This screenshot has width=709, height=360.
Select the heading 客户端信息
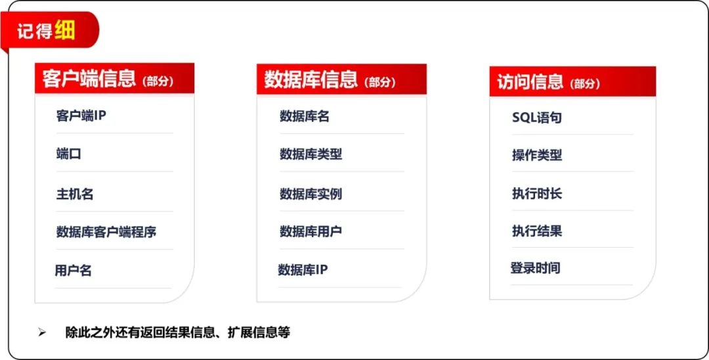coord(89,79)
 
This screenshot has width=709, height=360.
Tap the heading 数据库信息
coord(311,79)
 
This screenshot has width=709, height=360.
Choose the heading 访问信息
coord(530,82)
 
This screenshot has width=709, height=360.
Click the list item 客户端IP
coord(81,116)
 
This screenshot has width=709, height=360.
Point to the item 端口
coord(69,154)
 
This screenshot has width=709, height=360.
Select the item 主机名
coord(75,194)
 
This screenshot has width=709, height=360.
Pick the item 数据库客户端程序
coord(106,232)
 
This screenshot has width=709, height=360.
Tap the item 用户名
coord(74,271)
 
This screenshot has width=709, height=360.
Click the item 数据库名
coord(305,117)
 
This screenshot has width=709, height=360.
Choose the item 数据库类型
coord(311,154)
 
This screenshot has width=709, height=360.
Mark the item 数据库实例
coord(311,194)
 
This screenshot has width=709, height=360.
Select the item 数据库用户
coord(311,231)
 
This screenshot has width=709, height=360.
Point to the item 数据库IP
coord(303,270)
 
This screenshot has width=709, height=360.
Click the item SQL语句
coord(537,118)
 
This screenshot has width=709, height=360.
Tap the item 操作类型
coord(537,155)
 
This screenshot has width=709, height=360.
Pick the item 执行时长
coord(537,194)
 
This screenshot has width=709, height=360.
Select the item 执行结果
coord(537,231)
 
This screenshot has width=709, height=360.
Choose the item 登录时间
coord(536,268)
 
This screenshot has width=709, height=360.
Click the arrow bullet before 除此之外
coord(42,333)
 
